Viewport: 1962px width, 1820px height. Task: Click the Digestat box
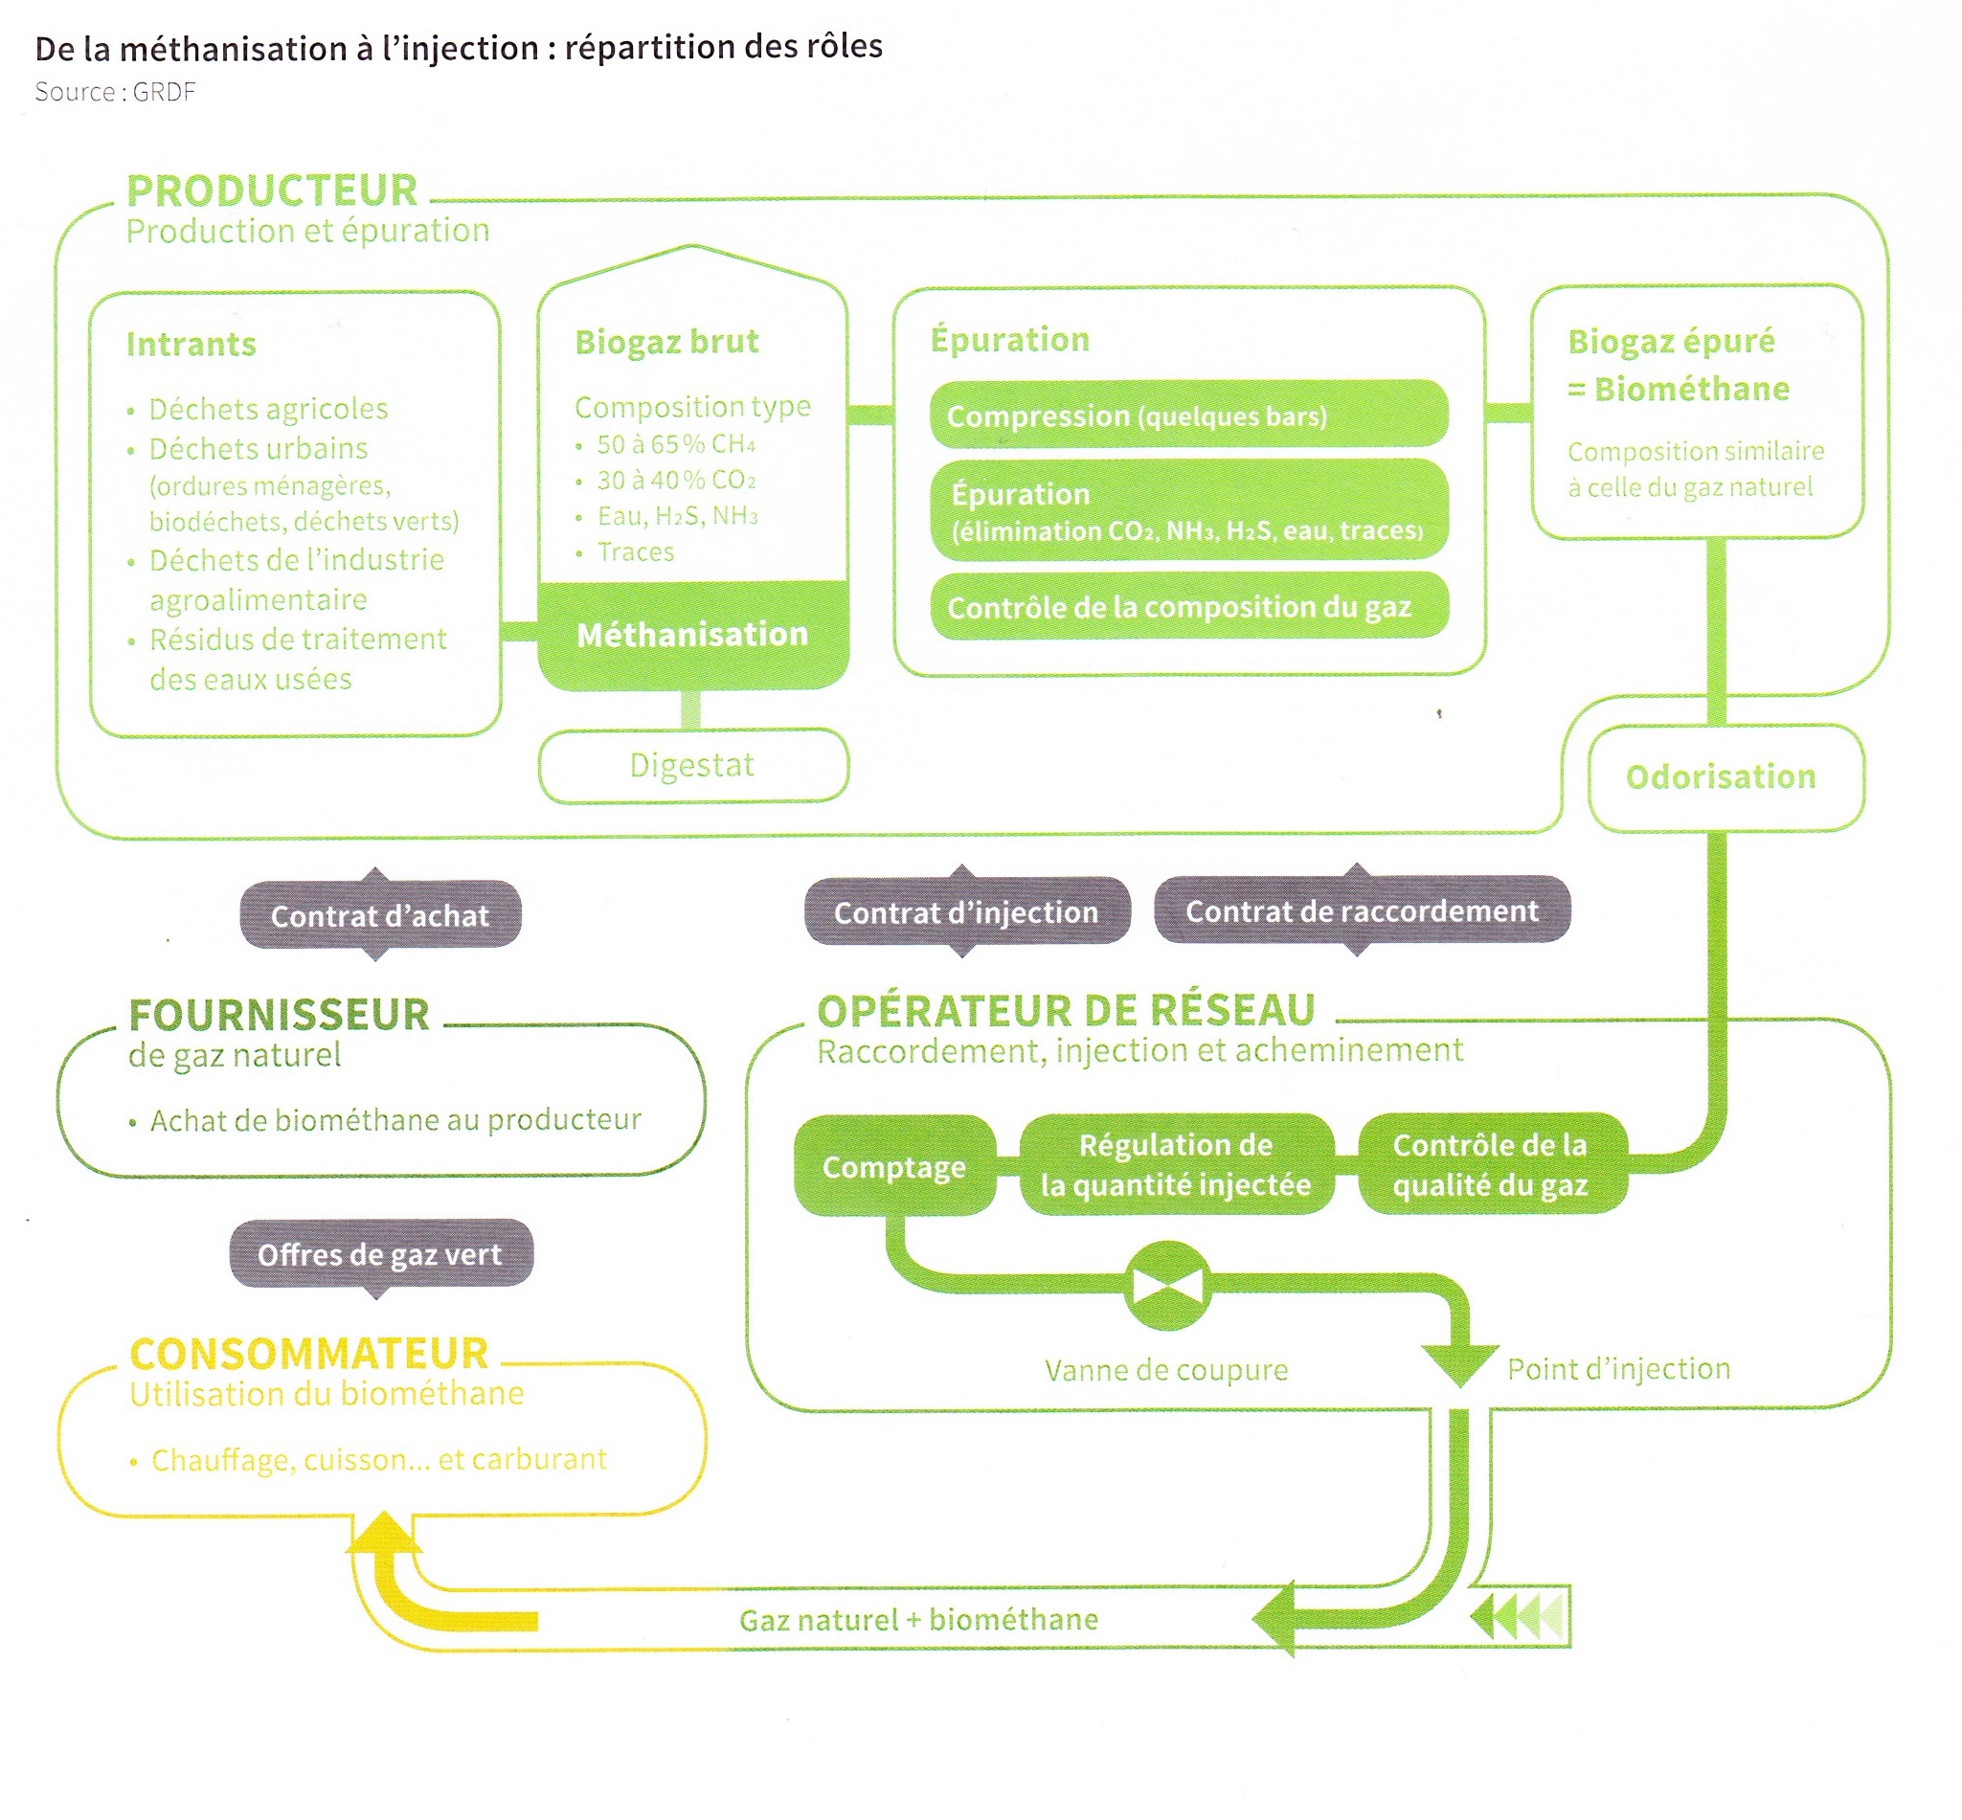click(692, 765)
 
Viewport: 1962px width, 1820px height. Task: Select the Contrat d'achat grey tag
click(380, 915)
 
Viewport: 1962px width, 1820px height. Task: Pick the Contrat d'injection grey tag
click(966, 912)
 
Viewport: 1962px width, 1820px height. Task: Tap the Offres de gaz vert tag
click(380, 1254)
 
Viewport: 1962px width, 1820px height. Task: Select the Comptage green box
click(894, 1166)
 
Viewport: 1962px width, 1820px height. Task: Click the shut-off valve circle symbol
click(1167, 1285)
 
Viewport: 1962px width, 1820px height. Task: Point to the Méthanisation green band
click(692, 634)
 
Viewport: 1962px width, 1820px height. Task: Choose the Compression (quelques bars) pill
click(1189, 416)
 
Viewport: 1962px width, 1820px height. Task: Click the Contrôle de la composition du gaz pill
click(1189, 607)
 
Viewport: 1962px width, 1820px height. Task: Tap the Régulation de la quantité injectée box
click(1176, 1164)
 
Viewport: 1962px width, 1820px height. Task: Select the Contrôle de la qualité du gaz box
click(1490, 1164)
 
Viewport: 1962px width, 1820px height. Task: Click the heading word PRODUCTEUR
click(272, 191)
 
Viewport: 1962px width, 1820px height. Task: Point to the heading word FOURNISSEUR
click(280, 1015)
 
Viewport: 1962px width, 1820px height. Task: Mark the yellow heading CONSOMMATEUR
click(309, 1353)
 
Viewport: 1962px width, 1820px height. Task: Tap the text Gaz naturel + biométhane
click(919, 1620)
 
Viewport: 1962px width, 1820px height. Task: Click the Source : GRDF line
click(115, 93)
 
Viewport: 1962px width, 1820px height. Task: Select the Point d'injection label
click(1618, 1368)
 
